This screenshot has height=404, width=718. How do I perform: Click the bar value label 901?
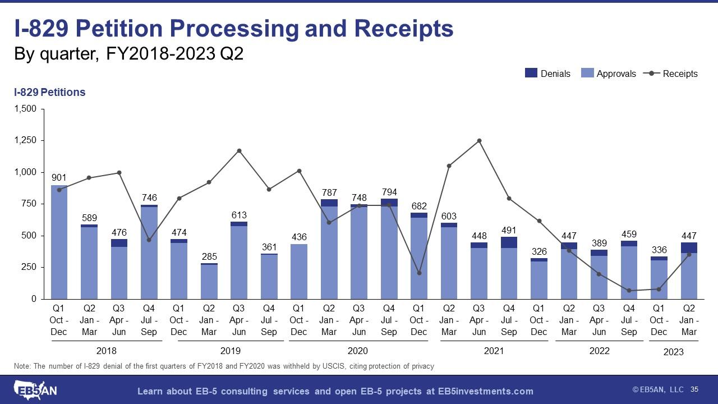click(59, 177)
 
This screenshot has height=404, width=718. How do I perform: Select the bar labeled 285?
click(209, 282)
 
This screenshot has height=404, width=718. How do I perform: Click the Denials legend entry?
click(547, 74)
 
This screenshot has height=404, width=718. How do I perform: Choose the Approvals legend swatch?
click(587, 73)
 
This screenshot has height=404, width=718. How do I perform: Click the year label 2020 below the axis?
click(358, 351)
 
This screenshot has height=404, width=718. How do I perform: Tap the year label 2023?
click(673, 352)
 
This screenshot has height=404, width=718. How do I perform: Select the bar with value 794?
click(389, 252)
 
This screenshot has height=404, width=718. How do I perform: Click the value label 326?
click(538, 251)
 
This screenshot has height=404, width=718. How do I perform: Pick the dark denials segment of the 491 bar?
click(509, 242)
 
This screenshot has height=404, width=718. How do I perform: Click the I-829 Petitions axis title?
click(49, 92)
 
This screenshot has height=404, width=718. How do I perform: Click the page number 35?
click(694, 389)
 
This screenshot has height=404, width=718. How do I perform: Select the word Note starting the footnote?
click(22, 366)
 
